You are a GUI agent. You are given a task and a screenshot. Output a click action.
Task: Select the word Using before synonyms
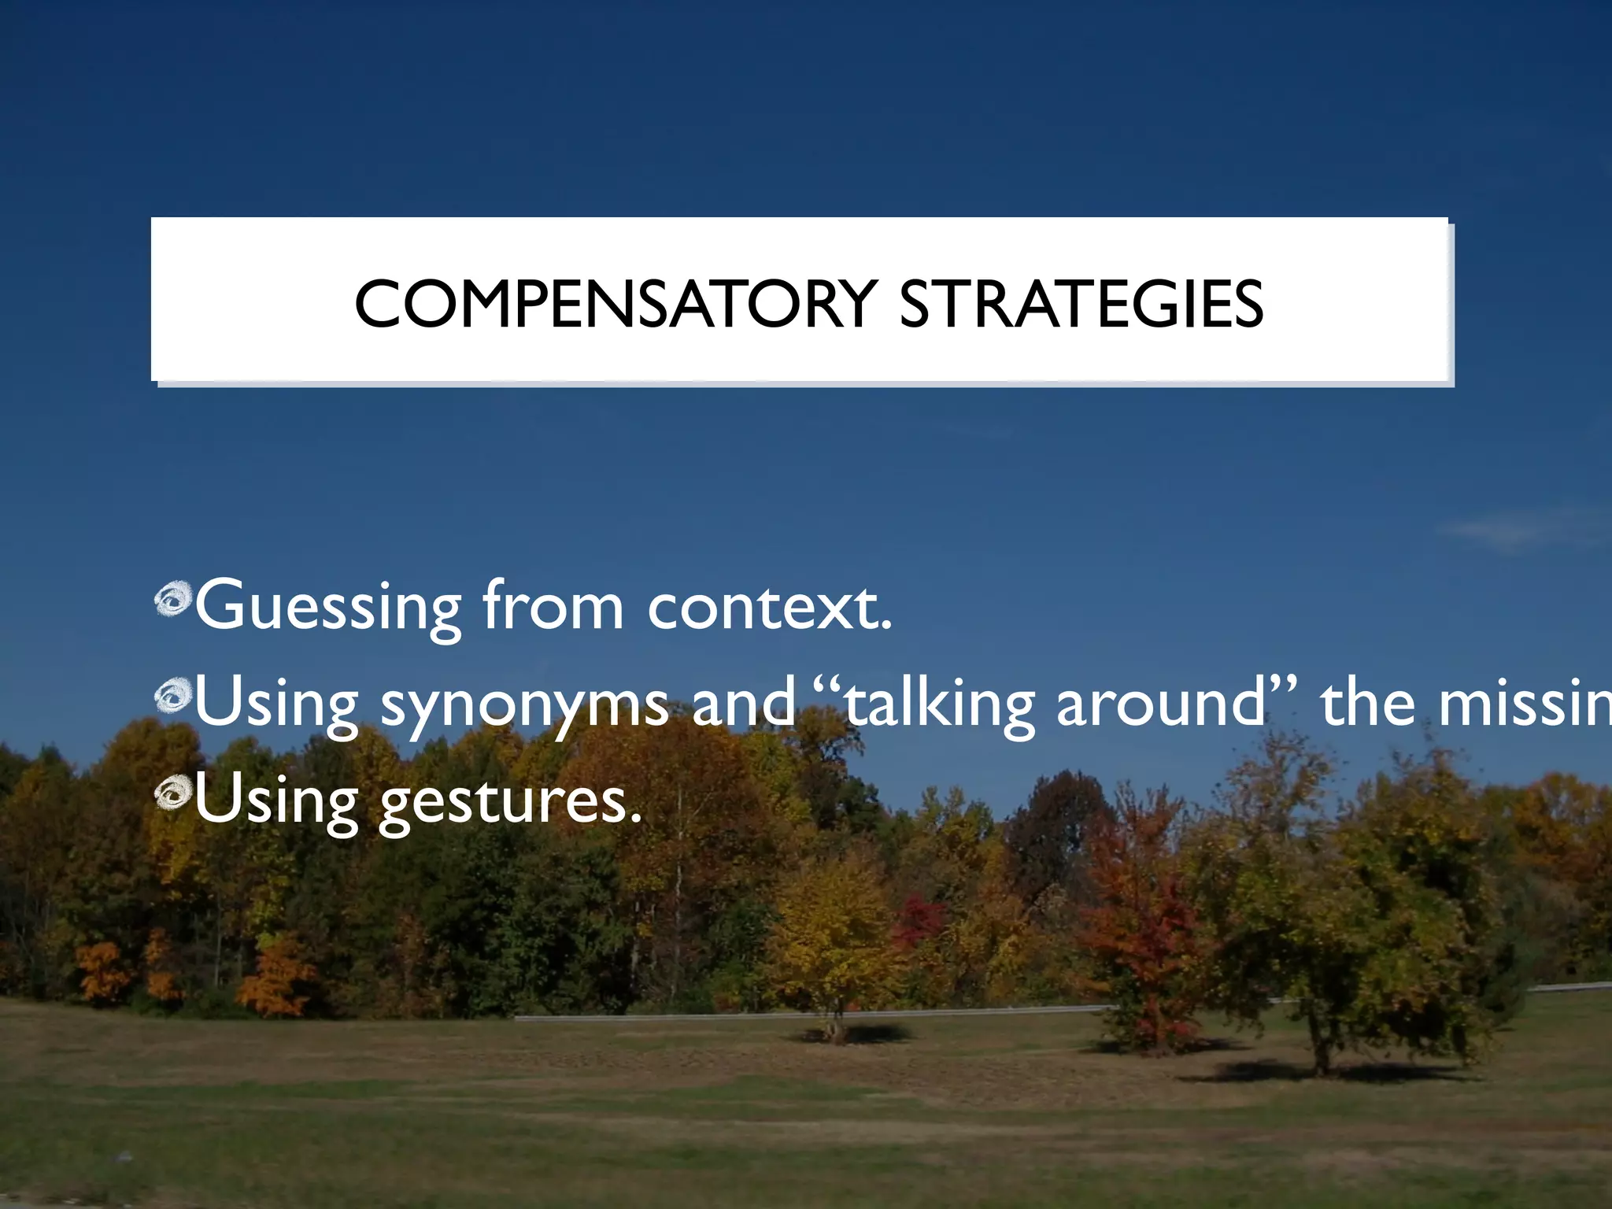point(276,703)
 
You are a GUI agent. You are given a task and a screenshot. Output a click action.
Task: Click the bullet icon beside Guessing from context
point(172,599)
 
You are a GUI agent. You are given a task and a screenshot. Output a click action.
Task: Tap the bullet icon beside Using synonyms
point(172,696)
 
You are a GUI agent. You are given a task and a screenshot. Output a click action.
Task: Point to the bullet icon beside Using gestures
point(172,794)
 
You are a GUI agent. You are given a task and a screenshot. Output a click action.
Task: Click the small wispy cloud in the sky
point(1496,529)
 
